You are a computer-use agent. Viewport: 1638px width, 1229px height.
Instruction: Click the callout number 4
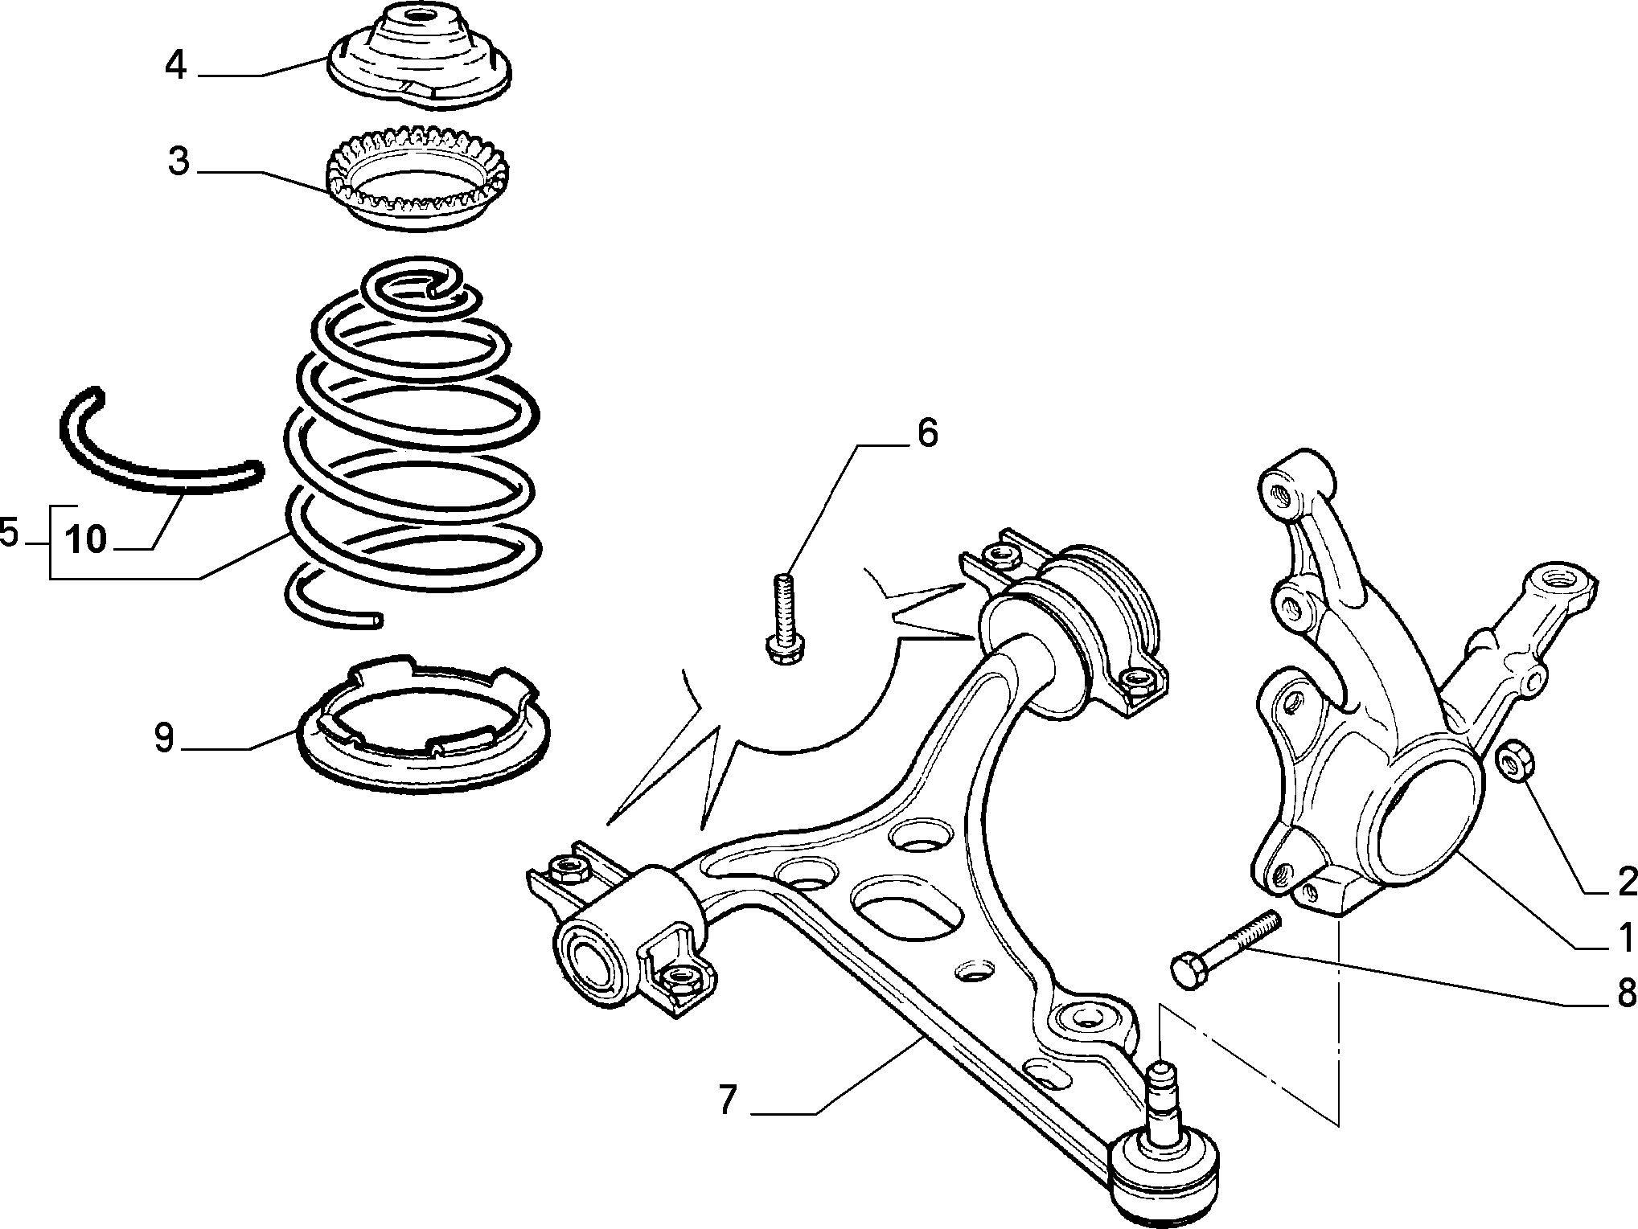pyautogui.click(x=176, y=66)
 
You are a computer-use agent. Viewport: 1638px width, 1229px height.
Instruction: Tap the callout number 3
pyautogui.click(x=179, y=162)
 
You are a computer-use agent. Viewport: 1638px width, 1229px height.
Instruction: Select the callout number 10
pyautogui.click(x=86, y=539)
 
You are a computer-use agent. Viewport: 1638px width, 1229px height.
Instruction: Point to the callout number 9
pyautogui.click(x=164, y=738)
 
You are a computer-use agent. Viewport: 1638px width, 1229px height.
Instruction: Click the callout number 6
pyautogui.click(x=927, y=433)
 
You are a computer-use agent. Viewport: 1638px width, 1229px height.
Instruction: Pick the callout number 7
pyautogui.click(x=727, y=1100)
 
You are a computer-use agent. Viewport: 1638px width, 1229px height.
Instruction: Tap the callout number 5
pyautogui.click(x=9, y=533)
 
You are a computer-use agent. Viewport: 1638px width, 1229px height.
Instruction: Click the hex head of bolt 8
pyautogui.click(x=1189, y=970)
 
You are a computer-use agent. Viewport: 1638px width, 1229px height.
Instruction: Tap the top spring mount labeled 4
pyautogui.click(x=421, y=60)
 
